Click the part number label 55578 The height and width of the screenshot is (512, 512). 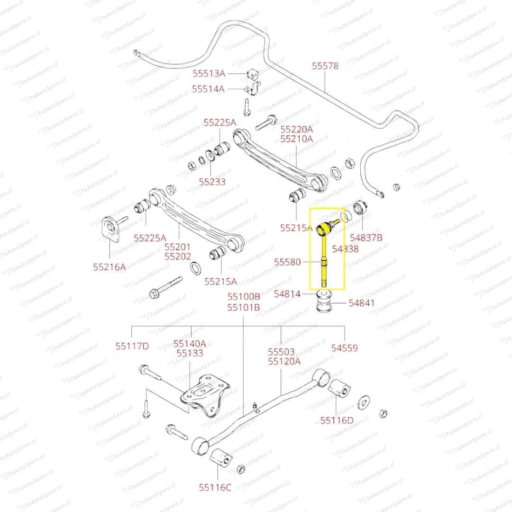(x=325, y=66)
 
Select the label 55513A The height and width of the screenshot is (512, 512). (x=209, y=73)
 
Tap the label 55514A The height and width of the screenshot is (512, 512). (x=208, y=89)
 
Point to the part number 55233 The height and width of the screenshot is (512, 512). (x=212, y=182)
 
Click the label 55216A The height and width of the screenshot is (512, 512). (x=110, y=267)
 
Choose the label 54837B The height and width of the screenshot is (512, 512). (x=366, y=238)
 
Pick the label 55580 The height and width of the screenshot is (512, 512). (x=287, y=262)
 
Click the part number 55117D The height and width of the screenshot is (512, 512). (x=132, y=347)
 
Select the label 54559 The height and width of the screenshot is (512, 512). (x=345, y=348)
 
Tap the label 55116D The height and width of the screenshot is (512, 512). (x=337, y=420)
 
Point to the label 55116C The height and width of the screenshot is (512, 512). (x=215, y=487)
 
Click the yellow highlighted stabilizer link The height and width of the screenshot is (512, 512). (x=324, y=256)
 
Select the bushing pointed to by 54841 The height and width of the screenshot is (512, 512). (x=325, y=302)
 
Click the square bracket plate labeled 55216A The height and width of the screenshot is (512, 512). (x=110, y=228)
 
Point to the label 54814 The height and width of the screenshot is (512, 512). (x=287, y=294)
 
